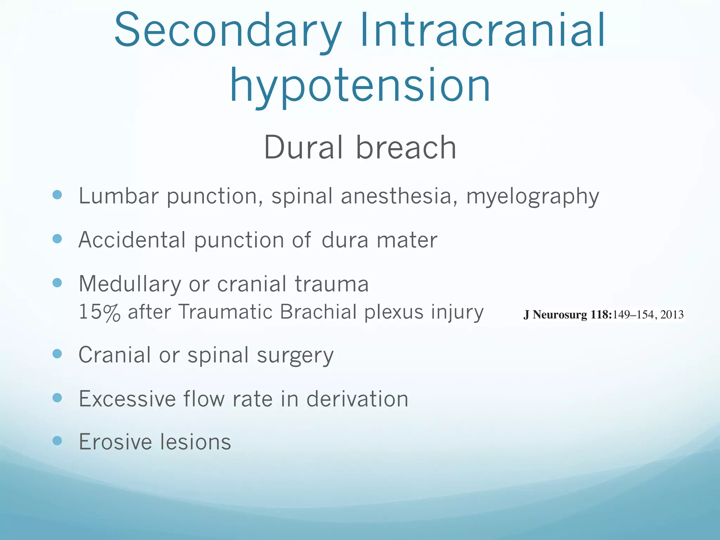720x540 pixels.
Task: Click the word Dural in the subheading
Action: (303, 148)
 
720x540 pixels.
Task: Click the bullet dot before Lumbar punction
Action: (57, 195)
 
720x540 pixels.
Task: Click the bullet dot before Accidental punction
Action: (57, 239)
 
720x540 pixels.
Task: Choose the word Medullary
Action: (130, 284)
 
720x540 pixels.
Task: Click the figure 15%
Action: (99, 312)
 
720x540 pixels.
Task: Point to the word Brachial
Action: (318, 312)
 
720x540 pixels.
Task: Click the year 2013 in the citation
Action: (672, 314)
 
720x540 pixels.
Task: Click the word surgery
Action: (295, 356)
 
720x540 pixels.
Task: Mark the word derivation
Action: (357, 399)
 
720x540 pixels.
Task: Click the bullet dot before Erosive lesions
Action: (57, 441)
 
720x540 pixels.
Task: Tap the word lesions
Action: (196, 442)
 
